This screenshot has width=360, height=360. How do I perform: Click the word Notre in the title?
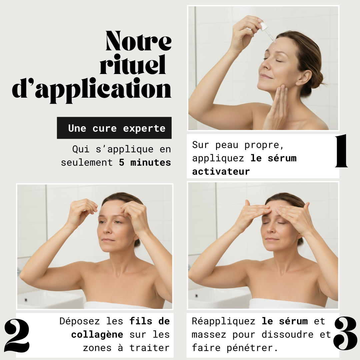(x=138, y=42)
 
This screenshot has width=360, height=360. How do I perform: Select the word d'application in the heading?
(x=92, y=89)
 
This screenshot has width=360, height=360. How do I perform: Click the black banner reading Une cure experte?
(x=114, y=128)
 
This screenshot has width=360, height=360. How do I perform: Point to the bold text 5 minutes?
(x=145, y=163)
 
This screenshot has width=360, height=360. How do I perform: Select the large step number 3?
(x=345, y=333)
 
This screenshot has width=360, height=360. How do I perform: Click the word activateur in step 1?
(x=221, y=172)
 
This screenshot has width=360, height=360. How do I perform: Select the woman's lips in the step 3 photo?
(x=272, y=239)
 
